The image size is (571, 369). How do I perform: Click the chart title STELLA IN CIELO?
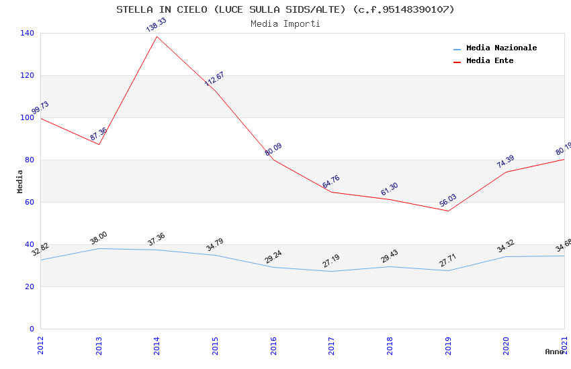tap(285, 9)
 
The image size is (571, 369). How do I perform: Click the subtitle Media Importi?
tap(285, 23)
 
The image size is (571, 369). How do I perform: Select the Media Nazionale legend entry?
tap(501, 48)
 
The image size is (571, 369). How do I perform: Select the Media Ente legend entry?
tap(490, 60)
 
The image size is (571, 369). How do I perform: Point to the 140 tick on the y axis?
tap(28, 33)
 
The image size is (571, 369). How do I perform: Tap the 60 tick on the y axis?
tap(30, 202)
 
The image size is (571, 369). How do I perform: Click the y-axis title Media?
tap(19, 181)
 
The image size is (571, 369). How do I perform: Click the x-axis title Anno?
tap(554, 352)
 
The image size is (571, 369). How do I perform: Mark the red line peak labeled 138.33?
tap(157, 36)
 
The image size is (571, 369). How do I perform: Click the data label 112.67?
tap(214, 78)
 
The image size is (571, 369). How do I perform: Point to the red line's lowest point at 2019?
tap(448, 211)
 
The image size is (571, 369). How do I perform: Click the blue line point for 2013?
tap(99, 248)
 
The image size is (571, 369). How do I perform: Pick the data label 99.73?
tap(40, 108)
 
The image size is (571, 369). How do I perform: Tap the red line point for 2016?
tap(273, 160)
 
